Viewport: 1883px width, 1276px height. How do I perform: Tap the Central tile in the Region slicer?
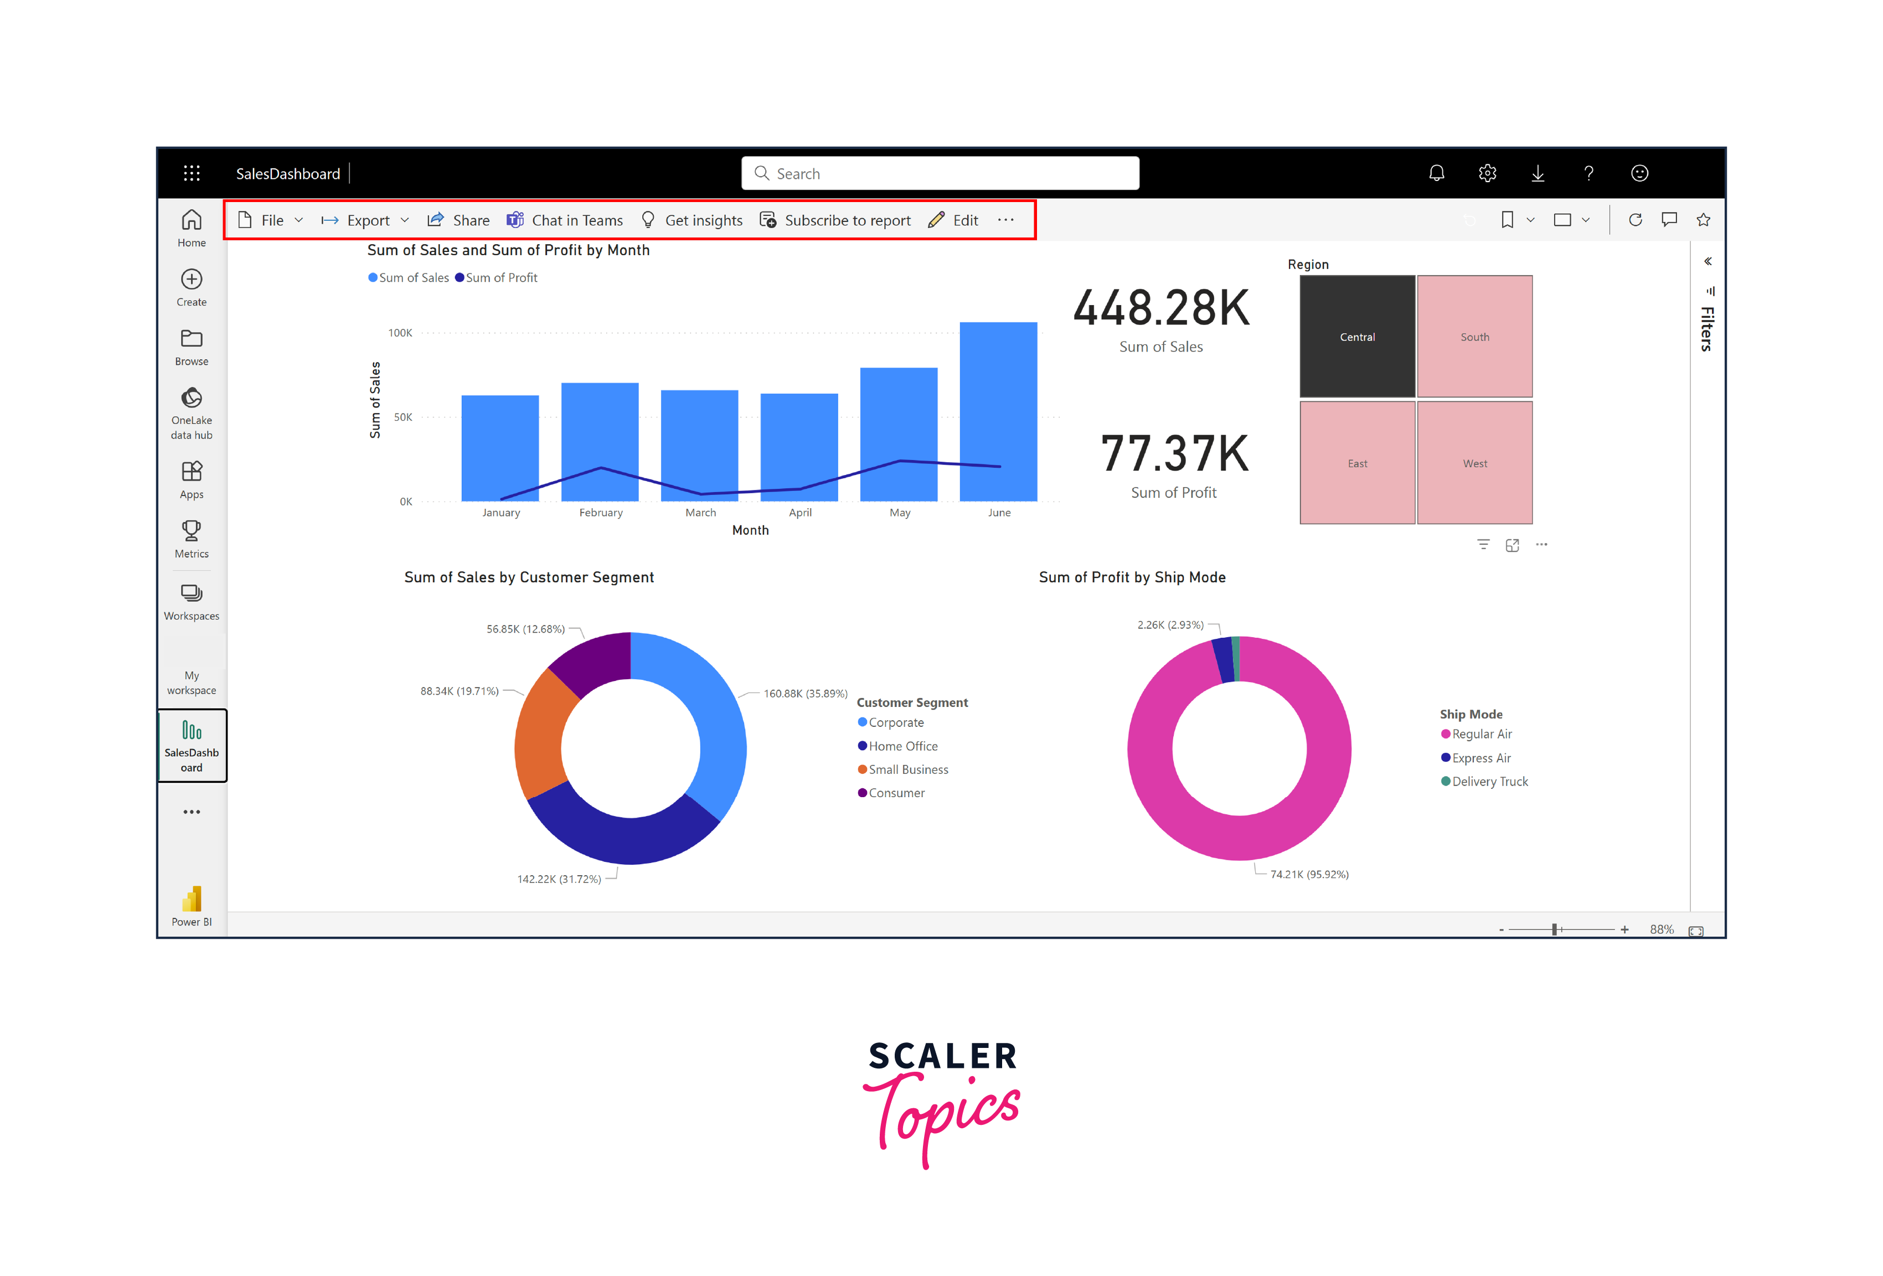(1356, 336)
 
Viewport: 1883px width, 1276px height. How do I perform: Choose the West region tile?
(1474, 463)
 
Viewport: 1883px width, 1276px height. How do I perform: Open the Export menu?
(365, 220)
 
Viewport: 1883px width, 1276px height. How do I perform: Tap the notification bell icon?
(1436, 173)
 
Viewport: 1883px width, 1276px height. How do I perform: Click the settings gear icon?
(1487, 173)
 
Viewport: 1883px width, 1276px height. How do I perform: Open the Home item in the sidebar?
(191, 228)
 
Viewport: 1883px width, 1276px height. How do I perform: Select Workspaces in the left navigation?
(191, 602)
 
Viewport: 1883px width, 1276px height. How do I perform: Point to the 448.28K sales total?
(1161, 309)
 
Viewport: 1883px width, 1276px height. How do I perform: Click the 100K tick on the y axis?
(400, 333)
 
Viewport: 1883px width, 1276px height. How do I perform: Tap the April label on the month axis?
(799, 513)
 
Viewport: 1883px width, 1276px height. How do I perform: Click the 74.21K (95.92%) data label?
(1308, 874)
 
